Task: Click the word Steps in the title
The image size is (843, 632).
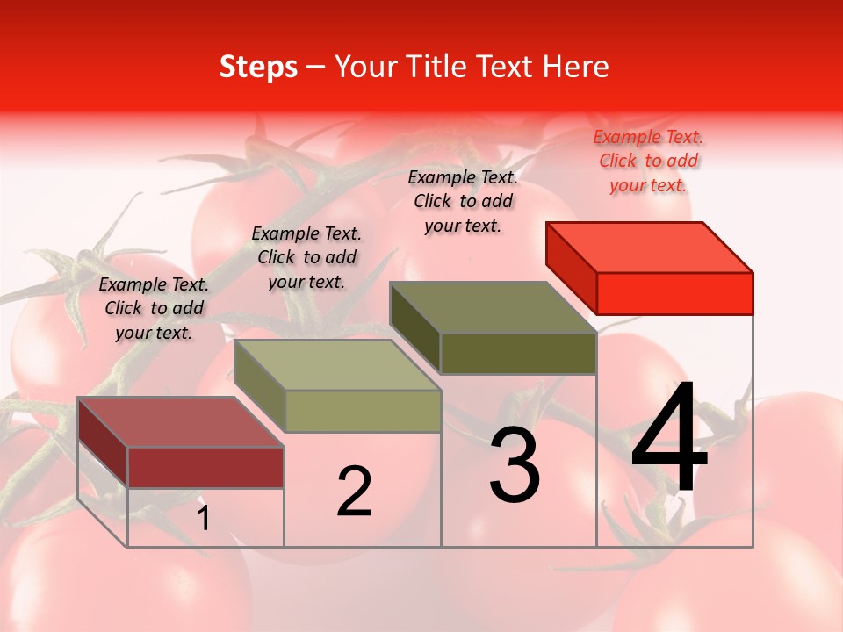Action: point(258,67)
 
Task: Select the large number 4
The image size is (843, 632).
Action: point(669,439)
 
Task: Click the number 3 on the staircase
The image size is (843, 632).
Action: point(515,465)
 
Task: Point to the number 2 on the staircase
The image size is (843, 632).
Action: point(355,492)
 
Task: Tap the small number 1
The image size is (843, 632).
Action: point(204,519)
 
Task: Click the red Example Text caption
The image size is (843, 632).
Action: point(648,161)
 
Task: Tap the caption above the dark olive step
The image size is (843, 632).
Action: point(463,201)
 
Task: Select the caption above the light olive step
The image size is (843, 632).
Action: point(306,257)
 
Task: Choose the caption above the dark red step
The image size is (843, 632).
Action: point(154,308)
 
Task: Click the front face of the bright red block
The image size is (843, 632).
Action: point(674,293)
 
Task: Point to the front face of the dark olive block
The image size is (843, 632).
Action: point(518,353)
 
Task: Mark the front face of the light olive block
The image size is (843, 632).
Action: point(363,411)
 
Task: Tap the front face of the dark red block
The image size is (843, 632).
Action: point(205,467)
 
